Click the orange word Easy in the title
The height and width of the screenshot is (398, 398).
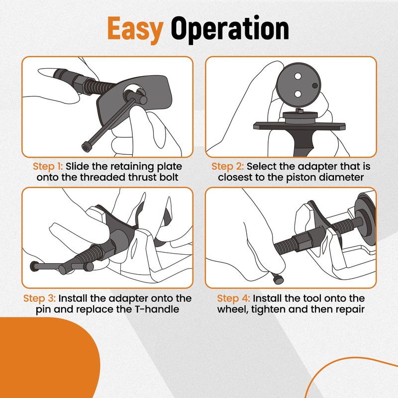135,28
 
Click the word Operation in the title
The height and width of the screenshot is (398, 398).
230,28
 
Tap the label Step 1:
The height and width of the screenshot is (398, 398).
48,167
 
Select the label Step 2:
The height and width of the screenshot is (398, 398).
227,167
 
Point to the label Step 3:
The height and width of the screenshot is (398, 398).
39,298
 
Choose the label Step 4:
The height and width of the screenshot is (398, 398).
233,298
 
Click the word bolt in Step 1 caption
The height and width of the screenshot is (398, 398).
169,177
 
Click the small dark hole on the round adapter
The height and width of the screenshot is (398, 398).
315,86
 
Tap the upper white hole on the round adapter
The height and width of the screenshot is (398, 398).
298,76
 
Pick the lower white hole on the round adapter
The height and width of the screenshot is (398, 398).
298,94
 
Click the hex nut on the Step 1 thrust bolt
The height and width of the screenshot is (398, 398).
79,81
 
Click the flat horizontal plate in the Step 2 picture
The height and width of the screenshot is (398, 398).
299,126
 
